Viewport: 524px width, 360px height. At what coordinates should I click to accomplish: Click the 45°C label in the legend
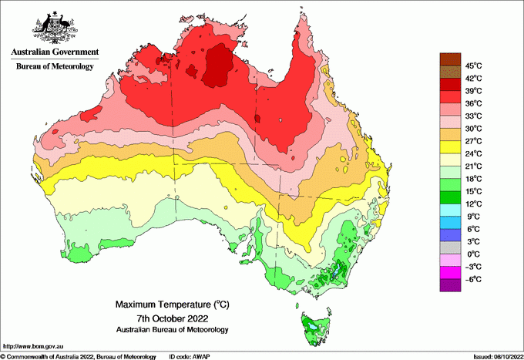[x=473, y=66]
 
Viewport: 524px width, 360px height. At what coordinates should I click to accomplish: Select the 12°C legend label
[x=473, y=204]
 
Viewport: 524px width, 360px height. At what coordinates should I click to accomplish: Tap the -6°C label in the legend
[x=473, y=279]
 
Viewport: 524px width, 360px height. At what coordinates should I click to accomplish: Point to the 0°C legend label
[x=473, y=254]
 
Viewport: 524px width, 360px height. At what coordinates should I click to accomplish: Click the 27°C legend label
[x=473, y=141]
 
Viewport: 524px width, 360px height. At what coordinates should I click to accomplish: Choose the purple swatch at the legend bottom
[x=449, y=285]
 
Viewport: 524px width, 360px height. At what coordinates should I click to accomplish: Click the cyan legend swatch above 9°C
[x=449, y=210]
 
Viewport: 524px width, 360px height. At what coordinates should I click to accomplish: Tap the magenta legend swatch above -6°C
[x=449, y=272]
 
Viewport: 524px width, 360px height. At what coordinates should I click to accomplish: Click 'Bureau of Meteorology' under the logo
[x=55, y=66]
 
